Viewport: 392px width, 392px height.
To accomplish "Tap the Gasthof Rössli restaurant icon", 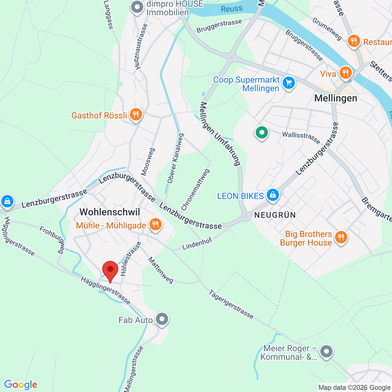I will (135, 115).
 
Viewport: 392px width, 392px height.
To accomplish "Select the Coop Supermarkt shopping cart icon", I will (288, 83).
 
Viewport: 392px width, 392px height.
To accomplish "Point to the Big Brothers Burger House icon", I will (341, 237).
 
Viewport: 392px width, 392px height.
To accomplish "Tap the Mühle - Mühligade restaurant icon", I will (155, 224).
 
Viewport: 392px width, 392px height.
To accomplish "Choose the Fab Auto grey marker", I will (162, 319).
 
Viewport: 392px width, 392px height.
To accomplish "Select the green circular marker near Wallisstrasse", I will (262, 133).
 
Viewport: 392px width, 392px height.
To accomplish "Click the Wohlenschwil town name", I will (110, 212).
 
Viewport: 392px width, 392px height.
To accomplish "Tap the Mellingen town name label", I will (336, 98).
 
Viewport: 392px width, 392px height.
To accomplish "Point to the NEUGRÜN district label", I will (275, 215).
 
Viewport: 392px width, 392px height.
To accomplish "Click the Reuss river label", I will (232, 9).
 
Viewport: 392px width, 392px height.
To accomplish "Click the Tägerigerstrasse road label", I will (231, 304).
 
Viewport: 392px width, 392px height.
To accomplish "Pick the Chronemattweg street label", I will (195, 190).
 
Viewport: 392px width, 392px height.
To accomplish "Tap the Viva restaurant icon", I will (345, 73).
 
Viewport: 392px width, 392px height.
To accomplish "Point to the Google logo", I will (21, 385).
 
